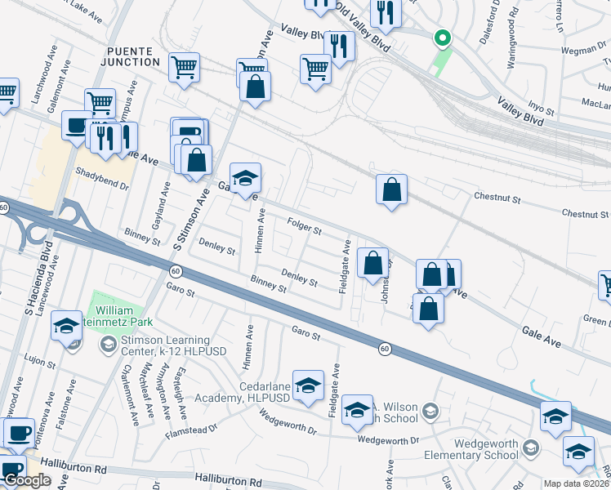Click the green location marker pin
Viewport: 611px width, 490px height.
point(442,38)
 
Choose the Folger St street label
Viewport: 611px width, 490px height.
point(305,225)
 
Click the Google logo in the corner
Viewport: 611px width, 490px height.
point(27,480)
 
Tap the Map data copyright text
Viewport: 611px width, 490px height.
point(577,483)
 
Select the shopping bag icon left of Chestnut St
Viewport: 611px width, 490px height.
point(392,189)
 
